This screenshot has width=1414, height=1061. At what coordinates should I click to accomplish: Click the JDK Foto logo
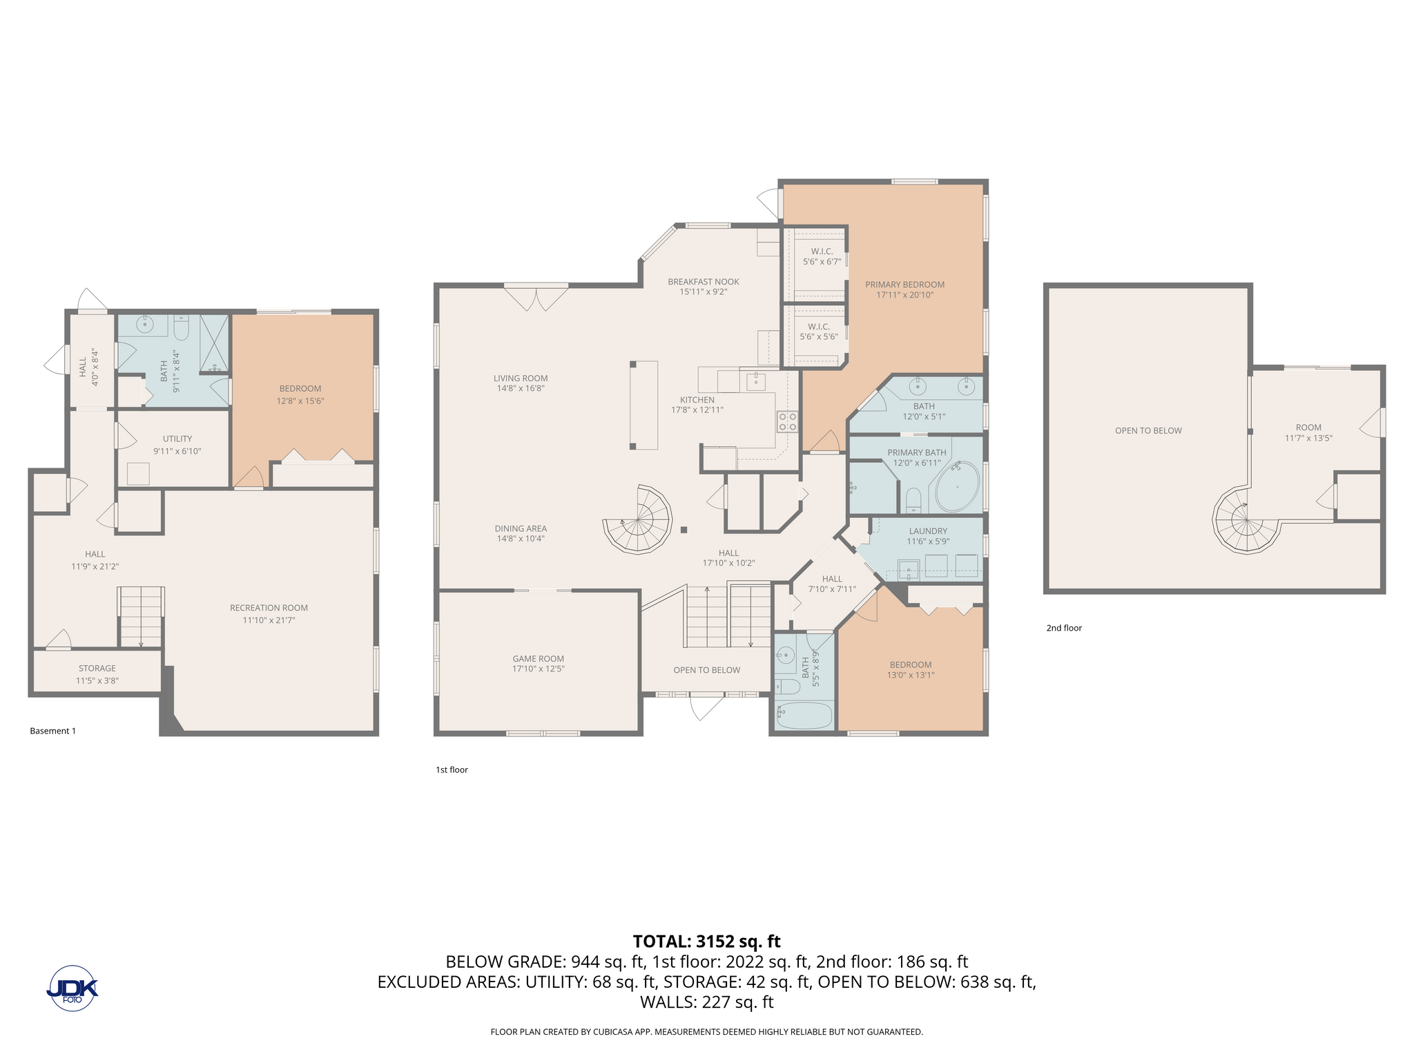point(72,988)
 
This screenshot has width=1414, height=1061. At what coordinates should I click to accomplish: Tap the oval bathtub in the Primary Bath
point(957,487)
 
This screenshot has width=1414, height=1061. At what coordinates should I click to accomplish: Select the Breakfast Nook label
point(704,282)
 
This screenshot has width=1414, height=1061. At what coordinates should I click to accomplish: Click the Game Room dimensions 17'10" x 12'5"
point(539,669)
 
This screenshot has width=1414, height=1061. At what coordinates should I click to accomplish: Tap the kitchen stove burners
point(788,421)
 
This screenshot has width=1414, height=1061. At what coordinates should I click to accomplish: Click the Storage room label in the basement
point(97,669)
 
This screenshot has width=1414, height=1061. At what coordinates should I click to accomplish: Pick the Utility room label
point(177,439)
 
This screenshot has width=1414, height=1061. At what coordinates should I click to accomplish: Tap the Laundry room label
point(928,531)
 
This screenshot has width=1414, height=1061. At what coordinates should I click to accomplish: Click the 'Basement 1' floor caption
point(53,731)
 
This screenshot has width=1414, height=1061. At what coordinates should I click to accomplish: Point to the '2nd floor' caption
point(1064,628)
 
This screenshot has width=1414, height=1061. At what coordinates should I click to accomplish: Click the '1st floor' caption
point(452,770)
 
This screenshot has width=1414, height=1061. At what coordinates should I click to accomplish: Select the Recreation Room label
point(269,608)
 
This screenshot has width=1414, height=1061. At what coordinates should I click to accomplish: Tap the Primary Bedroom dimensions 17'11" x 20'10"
point(905,295)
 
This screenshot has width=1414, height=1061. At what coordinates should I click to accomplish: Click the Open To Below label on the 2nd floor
point(1148,430)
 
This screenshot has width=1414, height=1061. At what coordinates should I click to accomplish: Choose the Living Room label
point(521,378)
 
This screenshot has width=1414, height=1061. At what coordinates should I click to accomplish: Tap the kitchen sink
point(755,380)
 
